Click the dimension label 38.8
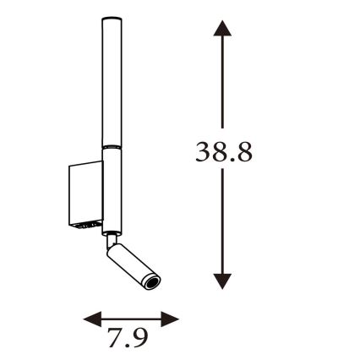coord(224,153)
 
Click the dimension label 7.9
coord(128,338)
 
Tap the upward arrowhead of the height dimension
coord(222,30)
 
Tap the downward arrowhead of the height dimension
coord(222,281)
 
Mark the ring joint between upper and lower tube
coord(110,148)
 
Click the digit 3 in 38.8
coord(204,153)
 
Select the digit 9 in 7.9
coord(139,338)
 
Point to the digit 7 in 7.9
coord(114,338)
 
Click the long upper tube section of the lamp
coord(110,85)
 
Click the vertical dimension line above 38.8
coord(222,85)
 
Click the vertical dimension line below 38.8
coord(222,220)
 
